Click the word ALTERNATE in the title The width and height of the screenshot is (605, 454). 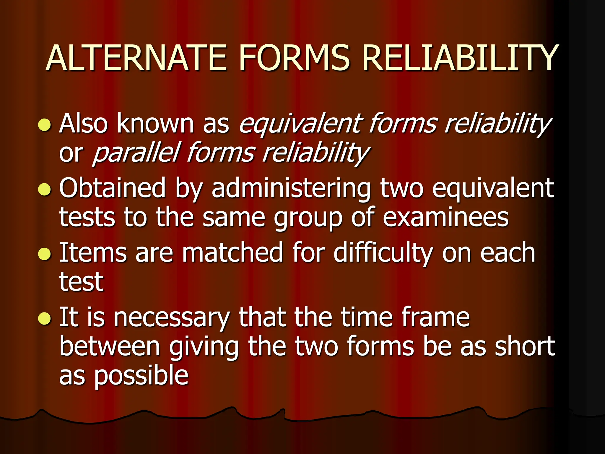click(136, 58)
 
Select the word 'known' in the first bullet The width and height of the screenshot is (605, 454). click(155, 124)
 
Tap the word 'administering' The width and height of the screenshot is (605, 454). click(291, 189)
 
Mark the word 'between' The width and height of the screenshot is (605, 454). click(110, 346)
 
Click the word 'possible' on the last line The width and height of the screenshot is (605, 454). click(141, 376)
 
